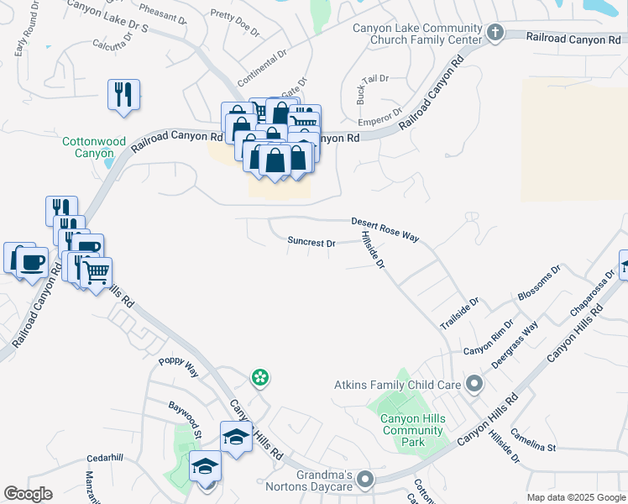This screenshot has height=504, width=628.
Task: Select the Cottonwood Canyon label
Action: tap(88, 148)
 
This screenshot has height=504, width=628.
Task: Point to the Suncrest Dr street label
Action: tap(311, 242)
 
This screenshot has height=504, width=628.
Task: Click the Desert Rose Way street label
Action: tap(385, 229)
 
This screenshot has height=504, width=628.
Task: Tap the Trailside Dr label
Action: tap(460, 312)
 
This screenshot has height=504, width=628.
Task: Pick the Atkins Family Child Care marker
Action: tap(474, 385)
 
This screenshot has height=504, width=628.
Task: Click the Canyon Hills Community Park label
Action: tap(411, 430)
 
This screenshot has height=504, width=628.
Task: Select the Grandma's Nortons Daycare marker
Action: tap(365, 480)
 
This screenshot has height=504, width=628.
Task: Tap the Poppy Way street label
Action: tap(179, 366)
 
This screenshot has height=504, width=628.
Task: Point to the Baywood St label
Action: tap(185, 417)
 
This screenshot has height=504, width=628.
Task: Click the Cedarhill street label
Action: tap(105, 459)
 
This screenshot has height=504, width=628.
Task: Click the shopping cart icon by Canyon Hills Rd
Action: tap(96, 272)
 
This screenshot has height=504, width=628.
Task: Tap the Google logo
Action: tap(28, 494)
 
